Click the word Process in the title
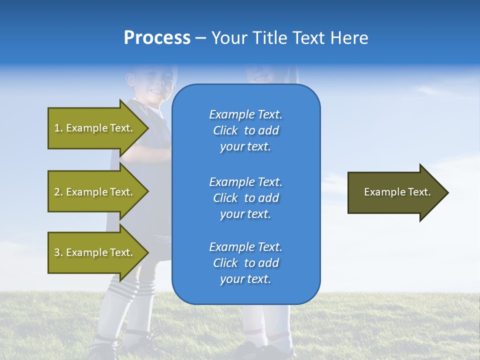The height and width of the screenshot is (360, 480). click(x=157, y=38)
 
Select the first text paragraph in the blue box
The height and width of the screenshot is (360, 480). click(x=245, y=130)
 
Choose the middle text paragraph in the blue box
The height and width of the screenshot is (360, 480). click(x=245, y=198)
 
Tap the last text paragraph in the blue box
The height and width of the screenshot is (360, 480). click(x=245, y=263)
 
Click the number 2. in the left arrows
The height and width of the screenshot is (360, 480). click(x=58, y=192)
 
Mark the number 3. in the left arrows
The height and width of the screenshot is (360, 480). click(x=58, y=252)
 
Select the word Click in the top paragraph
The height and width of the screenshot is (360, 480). click(x=225, y=130)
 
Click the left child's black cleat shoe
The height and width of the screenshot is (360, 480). click(x=105, y=350)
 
